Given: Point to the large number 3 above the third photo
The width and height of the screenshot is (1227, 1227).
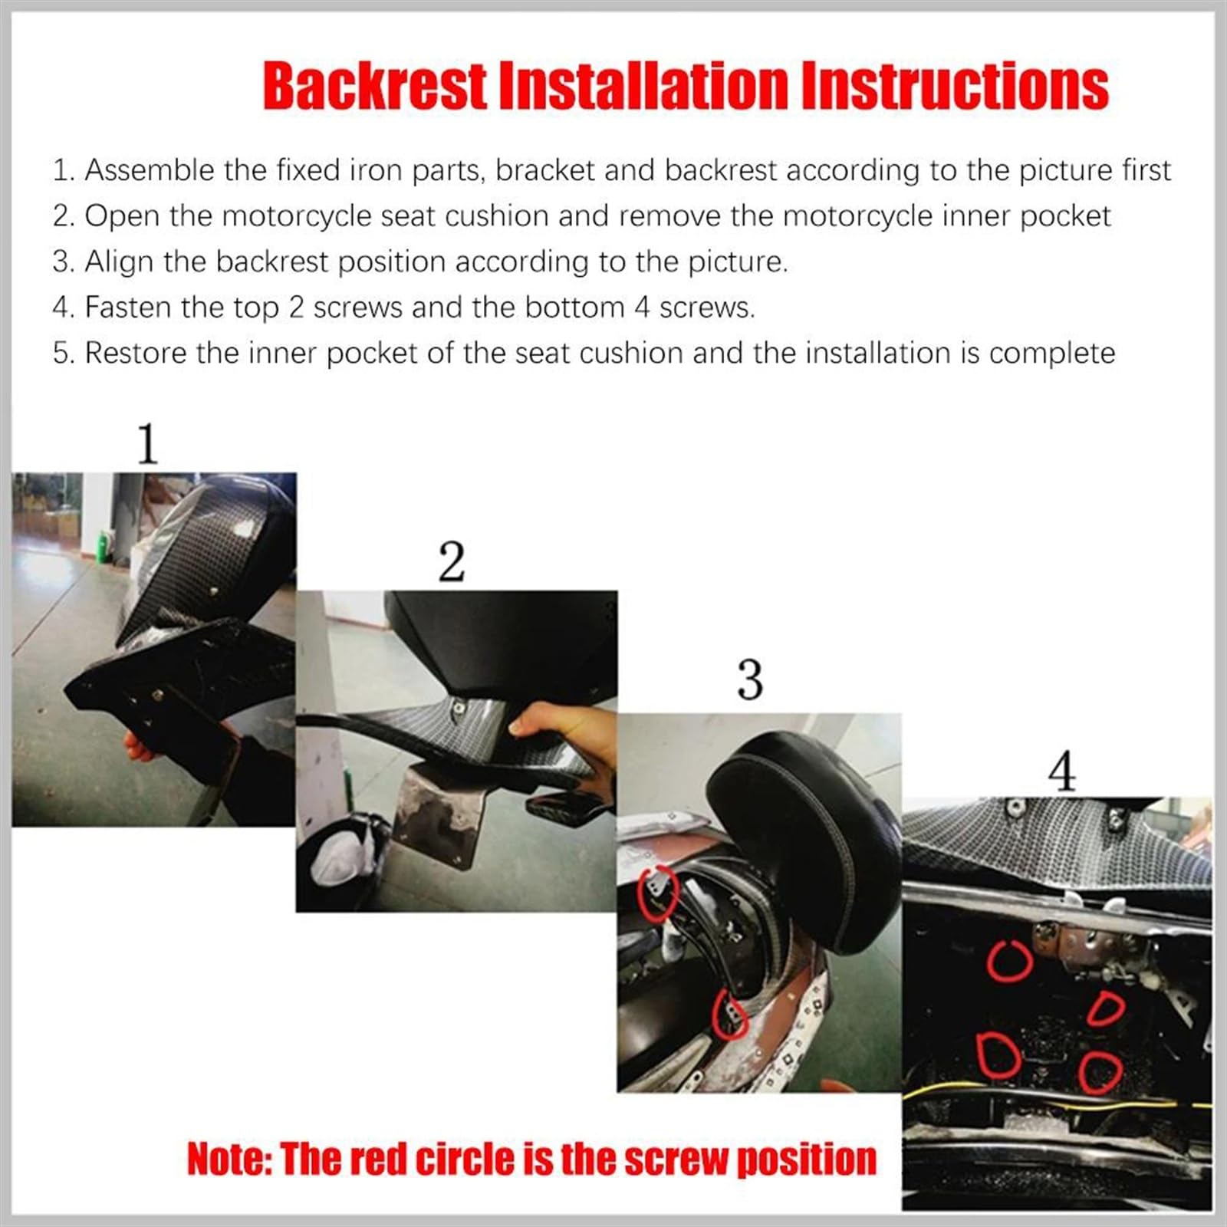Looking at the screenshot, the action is pos(750,680).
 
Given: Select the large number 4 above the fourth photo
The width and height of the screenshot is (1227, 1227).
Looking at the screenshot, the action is pos(1062,772).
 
